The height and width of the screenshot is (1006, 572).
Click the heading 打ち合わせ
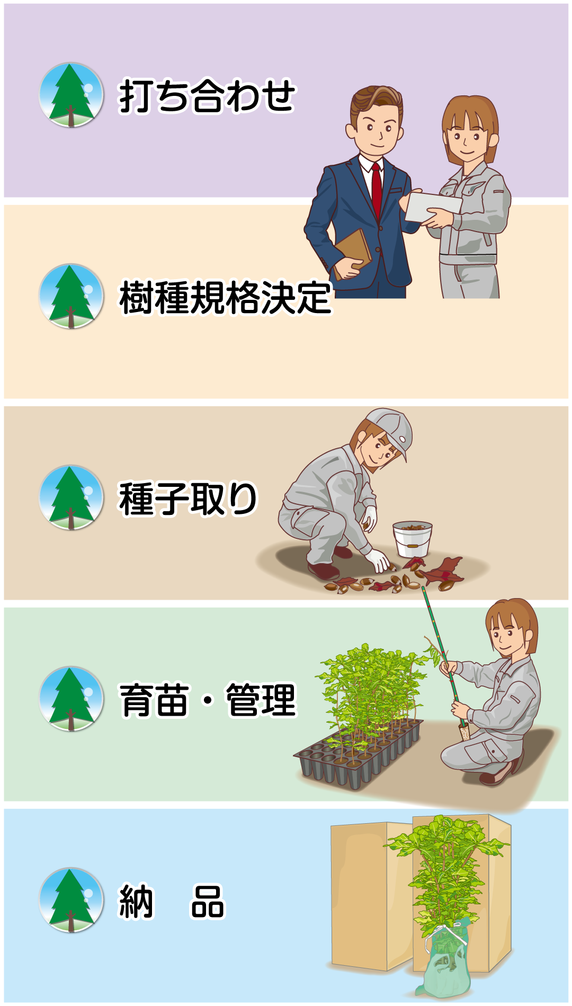(207, 96)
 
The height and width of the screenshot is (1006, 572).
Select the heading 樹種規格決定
(226, 298)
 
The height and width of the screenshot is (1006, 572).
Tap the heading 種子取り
(188, 498)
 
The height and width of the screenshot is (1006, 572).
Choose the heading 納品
(172, 901)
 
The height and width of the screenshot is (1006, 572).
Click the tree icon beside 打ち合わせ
(71, 95)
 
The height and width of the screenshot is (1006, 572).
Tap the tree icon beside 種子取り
(71, 497)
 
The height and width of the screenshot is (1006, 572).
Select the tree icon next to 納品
(71, 900)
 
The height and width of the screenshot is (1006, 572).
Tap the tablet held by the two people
(432, 207)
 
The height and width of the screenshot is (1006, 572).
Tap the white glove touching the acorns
(379, 560)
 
